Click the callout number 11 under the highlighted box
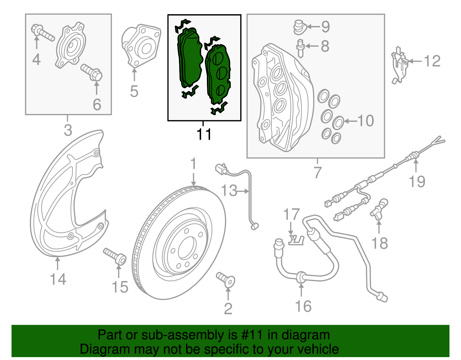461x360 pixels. [204, 134]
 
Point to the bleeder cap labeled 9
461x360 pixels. [299, 27]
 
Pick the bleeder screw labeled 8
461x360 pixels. [300, 48]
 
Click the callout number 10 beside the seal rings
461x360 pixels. [366, 121]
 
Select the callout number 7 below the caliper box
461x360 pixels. [317, 172]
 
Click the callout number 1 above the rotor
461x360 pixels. [193, 164]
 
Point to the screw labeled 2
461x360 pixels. [226, 280]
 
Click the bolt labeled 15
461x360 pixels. [115, 256]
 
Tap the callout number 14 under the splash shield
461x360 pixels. [58, 279]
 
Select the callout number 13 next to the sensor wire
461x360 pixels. [229, 191]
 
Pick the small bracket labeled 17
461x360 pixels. [296, 240]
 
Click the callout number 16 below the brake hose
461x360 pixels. [303, 306]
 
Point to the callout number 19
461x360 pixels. [417, 182]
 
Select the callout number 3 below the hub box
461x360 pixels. [68, 130]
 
